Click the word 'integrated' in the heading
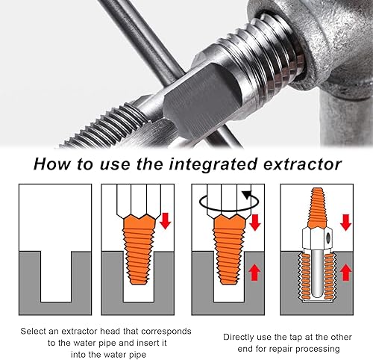(213, 165)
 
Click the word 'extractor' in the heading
(302, 164)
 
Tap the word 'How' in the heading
(52, 164)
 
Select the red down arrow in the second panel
(165, 220)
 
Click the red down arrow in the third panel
(255, 222)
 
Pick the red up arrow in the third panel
(254, 273)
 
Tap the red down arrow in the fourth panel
(345, 222)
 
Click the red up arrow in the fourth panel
(345, 273)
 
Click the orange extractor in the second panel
(139, 249)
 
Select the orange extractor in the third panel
(229, 249)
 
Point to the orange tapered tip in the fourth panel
(316, 208)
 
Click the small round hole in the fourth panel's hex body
(329, 238)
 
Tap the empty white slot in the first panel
(56, 276)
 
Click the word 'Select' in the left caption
(33, 332)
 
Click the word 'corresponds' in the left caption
(166, 332)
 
